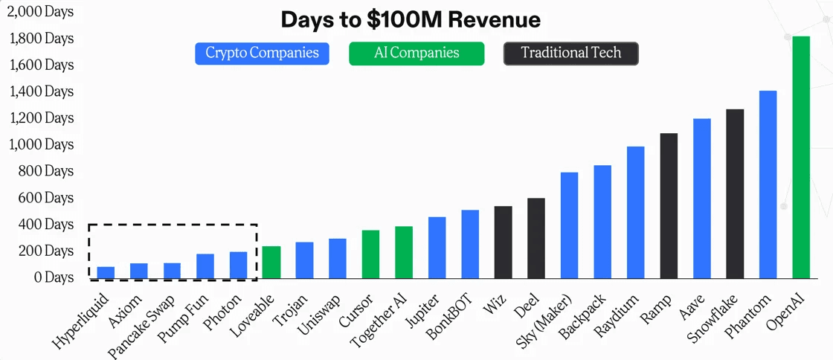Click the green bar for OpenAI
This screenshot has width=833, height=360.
tap(801, 156)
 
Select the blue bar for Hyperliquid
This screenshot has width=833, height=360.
tap(106, 272)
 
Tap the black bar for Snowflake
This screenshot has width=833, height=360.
tap(735, 193)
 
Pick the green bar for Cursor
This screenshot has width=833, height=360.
tap(370, 254)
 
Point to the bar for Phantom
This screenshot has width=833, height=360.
tap(768, 184)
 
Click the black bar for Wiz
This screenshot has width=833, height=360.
tap(503, 242)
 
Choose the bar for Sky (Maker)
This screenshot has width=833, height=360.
tap(569, 225)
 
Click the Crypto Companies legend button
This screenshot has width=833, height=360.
tap(262, 54)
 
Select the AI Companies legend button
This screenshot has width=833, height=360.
tap(416, 54)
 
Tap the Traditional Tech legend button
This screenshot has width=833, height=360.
tap(570, 54)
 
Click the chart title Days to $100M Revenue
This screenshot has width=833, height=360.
tap(411, 20)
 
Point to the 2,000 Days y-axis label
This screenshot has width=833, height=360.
tap(42, 12)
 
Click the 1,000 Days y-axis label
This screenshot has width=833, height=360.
tap(42, 144)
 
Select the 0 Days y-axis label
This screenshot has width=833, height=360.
tap(53, 277)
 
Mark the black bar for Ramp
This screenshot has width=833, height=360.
tap(669, 205)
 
